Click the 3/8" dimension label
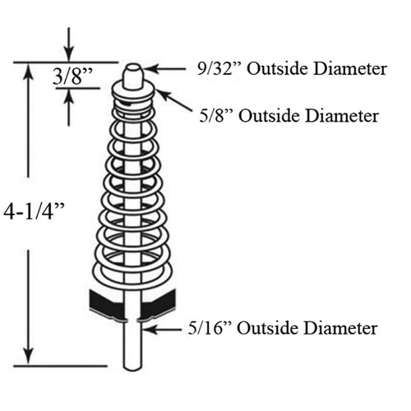pos(72,76)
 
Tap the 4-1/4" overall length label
pos(34,211)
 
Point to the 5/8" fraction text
pos(215,115)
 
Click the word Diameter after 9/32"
pos(350,68)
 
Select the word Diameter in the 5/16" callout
pos(341,328)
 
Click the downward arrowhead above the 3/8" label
pos(69,54)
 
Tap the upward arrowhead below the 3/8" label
pos(68,96)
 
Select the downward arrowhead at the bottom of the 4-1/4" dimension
pos(28,356)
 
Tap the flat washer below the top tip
pos(133,93)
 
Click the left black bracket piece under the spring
pos(108,304)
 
